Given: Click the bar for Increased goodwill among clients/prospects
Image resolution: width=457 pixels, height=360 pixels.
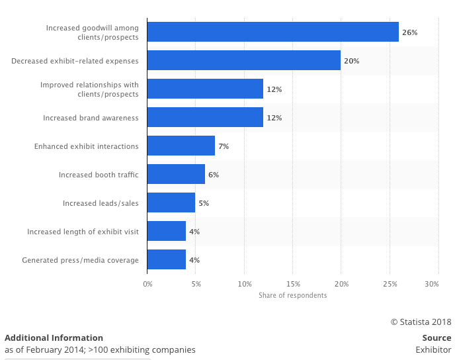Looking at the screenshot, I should [272, 32].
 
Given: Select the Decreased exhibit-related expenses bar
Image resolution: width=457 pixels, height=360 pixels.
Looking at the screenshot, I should [243, 60].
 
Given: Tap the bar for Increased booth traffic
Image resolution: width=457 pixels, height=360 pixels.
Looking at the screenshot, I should [176, 174].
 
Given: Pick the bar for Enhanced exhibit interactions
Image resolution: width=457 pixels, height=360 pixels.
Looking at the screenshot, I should [181, 146].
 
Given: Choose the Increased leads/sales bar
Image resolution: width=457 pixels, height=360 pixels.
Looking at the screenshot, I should [171, 202].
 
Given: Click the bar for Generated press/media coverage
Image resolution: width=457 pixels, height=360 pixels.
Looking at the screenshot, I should [166, 259].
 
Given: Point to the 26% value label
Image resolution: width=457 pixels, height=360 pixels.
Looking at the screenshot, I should [409, 32].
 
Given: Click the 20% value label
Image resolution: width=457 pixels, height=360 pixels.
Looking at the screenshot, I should [351, 61].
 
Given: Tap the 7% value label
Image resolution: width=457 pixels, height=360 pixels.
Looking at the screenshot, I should [224, 146].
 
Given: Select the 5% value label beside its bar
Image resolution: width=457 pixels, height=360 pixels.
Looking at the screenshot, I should [204, 203].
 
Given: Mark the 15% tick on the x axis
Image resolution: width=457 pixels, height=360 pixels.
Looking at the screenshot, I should [292, 284].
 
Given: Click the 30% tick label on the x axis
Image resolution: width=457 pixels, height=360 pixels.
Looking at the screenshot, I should [431, 284].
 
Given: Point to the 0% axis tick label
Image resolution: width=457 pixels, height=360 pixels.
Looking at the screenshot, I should [147, 284].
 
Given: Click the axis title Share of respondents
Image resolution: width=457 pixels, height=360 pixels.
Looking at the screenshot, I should [292, 295].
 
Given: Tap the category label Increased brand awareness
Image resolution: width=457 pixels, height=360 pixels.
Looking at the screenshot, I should [91, 118].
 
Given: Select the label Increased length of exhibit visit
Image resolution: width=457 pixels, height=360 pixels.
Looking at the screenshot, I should [83, 232].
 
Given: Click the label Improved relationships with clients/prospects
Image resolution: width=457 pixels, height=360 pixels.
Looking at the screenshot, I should [89, 89].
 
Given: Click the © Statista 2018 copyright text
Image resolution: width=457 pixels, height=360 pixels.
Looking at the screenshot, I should [421, 322].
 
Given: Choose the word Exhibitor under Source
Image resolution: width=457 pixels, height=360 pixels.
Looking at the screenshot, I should [433, 349].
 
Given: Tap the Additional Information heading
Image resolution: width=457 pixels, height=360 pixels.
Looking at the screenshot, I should [54, 337].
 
